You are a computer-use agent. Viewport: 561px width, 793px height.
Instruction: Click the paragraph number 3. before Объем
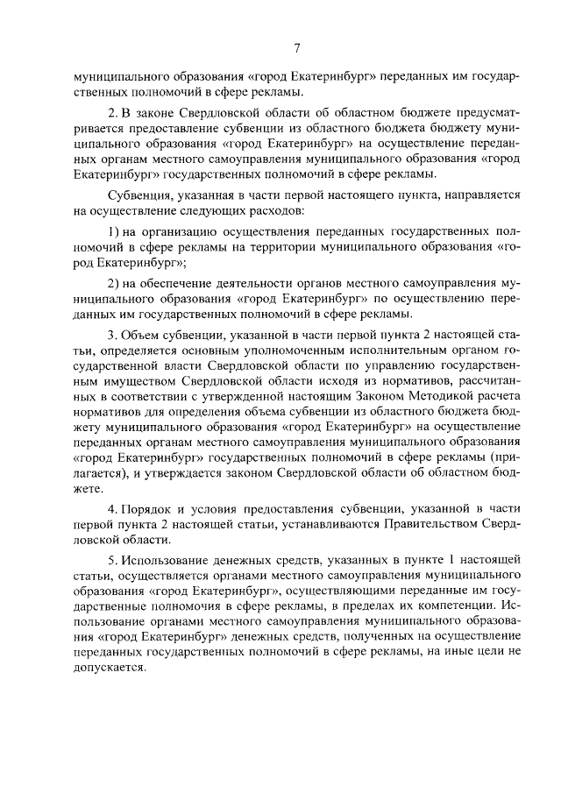[x=112, y=335]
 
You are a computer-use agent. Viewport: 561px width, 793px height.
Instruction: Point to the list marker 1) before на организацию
[x=114, y=230]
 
